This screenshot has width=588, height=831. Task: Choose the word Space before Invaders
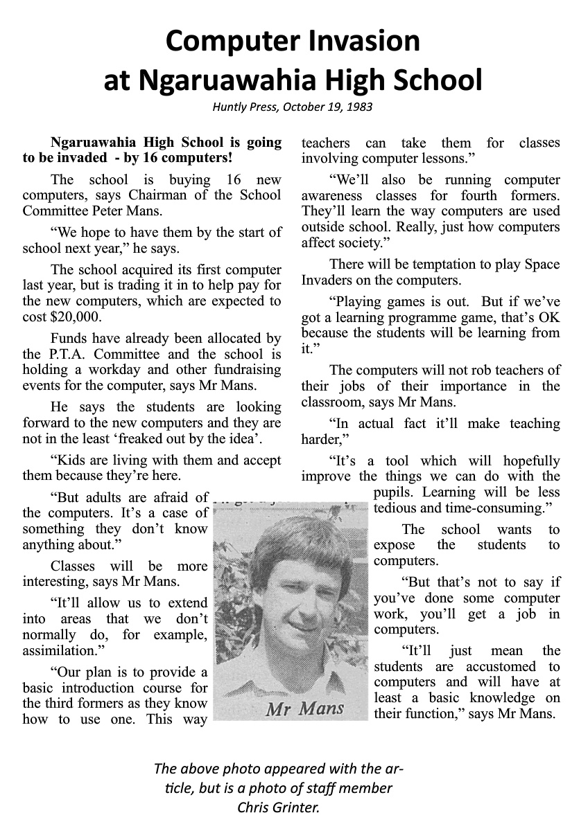(x=541, y=264)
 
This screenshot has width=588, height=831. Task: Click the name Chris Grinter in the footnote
(x=279, y=807)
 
